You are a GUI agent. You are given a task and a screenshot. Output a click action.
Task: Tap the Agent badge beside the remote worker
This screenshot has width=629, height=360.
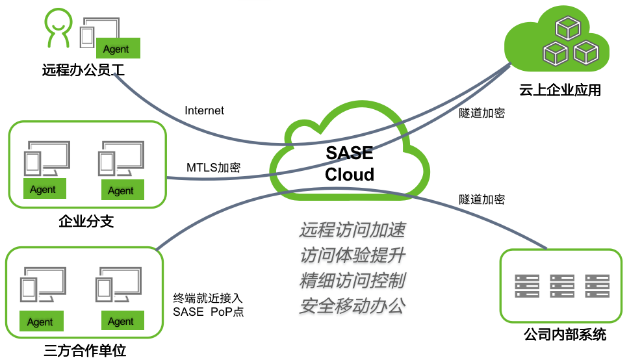(x=118, y=49)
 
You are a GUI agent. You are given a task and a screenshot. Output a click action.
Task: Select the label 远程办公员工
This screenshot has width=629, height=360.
(x=83, y=70)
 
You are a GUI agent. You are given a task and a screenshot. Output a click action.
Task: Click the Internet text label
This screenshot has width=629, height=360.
(x=204, y=110)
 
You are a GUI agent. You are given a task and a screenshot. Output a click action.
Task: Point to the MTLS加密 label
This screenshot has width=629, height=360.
(x=213, y=168)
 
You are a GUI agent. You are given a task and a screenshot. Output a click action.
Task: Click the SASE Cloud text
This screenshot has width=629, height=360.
(x=350, y=164)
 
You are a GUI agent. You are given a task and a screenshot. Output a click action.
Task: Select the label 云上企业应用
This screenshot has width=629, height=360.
(x=560, y=90)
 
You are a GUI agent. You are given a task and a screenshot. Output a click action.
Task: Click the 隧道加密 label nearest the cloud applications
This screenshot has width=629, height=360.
(x=481, y=113)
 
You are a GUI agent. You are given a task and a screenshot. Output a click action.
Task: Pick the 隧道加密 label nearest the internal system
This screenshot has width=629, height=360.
(x=481, y=199)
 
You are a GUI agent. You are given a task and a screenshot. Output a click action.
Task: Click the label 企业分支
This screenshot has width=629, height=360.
(x=86, y=222)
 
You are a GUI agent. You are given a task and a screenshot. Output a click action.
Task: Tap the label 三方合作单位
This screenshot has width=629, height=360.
(x=84, y=352)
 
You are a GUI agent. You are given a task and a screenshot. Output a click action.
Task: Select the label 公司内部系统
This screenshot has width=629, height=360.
(x=564, y=335)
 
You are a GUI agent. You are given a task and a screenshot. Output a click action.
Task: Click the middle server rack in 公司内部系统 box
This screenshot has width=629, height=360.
(x=562, y=287)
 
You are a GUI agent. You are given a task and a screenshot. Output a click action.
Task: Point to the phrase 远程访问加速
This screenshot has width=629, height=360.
(x=352, y=231)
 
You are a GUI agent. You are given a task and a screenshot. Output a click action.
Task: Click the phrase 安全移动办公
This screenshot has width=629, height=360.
(x=352, y=306)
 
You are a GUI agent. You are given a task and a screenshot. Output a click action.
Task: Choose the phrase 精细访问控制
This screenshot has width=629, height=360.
(x=352, y=281)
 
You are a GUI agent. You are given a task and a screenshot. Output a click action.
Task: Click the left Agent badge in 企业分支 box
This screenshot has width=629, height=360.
(x=44, y=190)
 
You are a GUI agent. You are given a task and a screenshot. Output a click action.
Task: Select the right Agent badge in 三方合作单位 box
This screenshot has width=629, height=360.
(x=121, y=321)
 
